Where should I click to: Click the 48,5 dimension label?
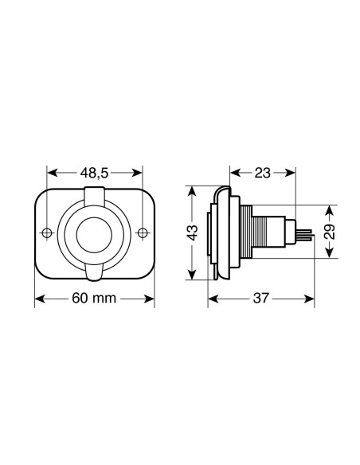(x=95, y=171)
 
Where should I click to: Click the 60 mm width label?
(x=95, y=299)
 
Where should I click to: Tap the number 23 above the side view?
(x=262, y=171)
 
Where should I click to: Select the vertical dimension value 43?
(x=192, y=232)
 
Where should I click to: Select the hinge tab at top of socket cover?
(x=95, y=194)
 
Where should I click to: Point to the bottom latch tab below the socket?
(x=95, y=274)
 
